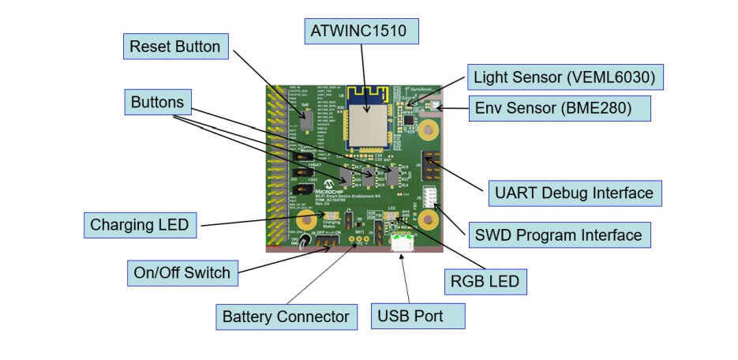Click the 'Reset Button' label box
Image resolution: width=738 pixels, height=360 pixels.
point(175,47)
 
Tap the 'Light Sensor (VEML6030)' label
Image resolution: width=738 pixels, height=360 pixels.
point(564,77)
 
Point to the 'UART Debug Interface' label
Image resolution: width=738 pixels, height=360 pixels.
point(575,192)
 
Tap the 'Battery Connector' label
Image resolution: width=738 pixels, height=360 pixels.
point(285,317)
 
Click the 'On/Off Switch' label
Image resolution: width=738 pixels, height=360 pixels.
point(182,273)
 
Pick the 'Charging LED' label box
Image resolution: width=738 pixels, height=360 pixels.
point(139,224)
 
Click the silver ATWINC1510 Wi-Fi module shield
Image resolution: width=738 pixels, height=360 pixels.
point(369,124)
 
